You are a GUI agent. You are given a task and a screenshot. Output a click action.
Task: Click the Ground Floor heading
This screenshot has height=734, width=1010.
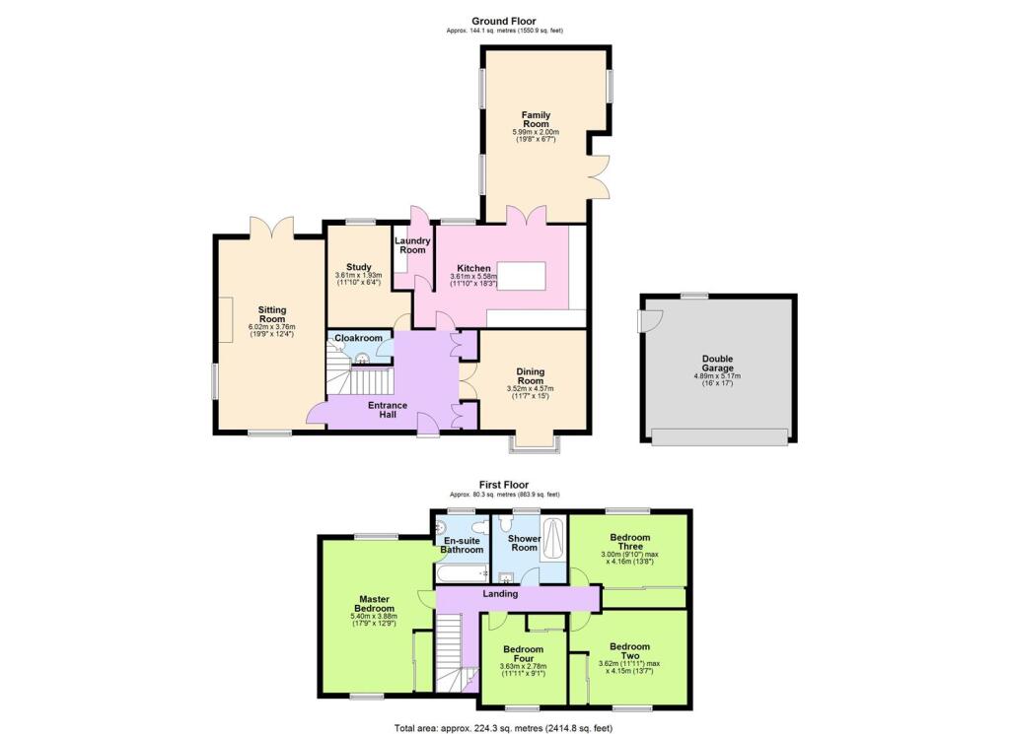[504, 22]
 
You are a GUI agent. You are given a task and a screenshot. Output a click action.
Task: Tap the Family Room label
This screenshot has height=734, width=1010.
[536, 119]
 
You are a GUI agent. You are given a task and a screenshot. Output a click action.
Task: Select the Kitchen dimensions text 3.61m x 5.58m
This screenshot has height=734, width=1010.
[473, 277]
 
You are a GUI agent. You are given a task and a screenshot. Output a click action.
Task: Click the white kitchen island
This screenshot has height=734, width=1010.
[522, 277]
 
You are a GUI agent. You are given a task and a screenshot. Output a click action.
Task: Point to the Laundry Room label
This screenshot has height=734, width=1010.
[412, 245]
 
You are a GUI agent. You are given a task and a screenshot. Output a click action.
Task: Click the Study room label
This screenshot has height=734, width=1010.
[359, 267]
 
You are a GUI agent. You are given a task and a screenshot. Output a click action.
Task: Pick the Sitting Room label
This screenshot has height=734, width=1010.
[272, 314]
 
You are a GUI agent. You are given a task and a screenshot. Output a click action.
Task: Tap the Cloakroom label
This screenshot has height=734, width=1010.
[358, 338]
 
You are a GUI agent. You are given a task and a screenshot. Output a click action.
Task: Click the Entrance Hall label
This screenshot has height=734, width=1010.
[388, 410]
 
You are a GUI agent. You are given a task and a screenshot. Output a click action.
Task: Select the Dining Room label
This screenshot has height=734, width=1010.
[530, 376]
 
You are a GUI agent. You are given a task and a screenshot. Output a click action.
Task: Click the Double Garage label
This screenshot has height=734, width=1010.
[718, 364]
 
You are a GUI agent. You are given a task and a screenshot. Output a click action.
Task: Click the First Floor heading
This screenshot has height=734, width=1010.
[504, 485]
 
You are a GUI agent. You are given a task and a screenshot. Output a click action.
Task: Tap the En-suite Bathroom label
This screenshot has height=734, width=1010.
[462, 546]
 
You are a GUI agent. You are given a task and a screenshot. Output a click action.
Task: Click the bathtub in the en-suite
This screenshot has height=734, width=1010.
[462, 572]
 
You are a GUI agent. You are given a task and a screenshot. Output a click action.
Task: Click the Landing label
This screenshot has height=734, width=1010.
[500, 594]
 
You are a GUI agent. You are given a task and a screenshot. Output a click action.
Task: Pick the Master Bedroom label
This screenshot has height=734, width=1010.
[374, 604]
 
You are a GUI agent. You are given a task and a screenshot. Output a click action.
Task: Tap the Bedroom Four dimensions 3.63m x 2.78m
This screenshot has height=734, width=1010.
[523, 666]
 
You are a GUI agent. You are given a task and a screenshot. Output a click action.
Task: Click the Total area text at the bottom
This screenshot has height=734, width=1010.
[504, 728]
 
